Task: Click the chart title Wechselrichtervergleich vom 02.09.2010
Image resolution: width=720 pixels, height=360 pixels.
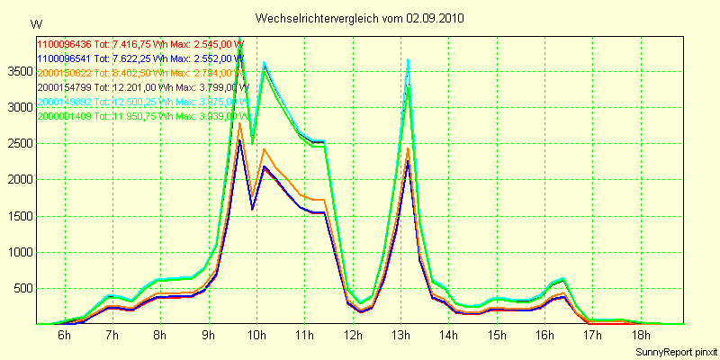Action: (360, 18)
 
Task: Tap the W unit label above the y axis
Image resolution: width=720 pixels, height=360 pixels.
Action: (35, 23)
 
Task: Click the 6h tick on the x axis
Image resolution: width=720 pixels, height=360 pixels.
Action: (64, 336)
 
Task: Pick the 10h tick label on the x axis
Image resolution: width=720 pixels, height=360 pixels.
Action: (256, 336)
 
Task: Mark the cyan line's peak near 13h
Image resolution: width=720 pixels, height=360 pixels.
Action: (409, 59)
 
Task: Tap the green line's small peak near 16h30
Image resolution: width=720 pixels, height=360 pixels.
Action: (563, 280)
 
